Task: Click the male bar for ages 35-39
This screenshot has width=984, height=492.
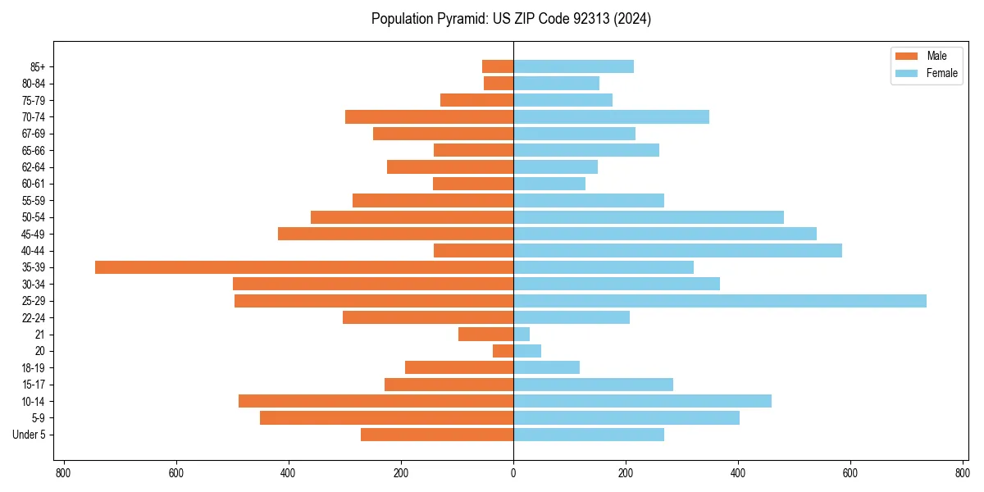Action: click(x=304, y=267)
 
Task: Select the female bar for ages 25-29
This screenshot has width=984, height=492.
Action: click(x=720, y=301)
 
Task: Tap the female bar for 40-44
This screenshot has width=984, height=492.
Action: click(x=677, y=251)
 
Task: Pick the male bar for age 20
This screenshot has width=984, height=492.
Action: click(x=503, y=351)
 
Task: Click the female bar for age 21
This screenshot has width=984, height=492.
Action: click(x=522, y=335)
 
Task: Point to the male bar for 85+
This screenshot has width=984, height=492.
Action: click(x=498, y=66)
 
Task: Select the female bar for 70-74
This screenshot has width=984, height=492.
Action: click(x=611, y=117)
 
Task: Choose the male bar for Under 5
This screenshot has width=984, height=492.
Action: click(x=437, y=435)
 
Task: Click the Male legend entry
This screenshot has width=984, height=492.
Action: click(x=926, y=56)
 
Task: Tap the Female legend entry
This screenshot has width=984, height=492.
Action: click(x=926, y=73)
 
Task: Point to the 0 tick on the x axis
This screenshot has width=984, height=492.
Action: click(x=513, y=473)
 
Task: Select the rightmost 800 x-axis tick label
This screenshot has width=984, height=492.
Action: click(x=963, y=473)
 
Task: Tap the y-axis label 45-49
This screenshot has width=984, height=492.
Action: click(x=33, y=235)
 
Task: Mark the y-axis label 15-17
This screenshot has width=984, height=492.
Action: click(x=33, y=385)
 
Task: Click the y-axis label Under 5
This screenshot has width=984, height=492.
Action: click(x=30, y=435)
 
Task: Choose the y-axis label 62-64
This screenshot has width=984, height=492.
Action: click(x=33, y=167)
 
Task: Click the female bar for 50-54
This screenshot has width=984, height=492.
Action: click(x=649, y=217)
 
